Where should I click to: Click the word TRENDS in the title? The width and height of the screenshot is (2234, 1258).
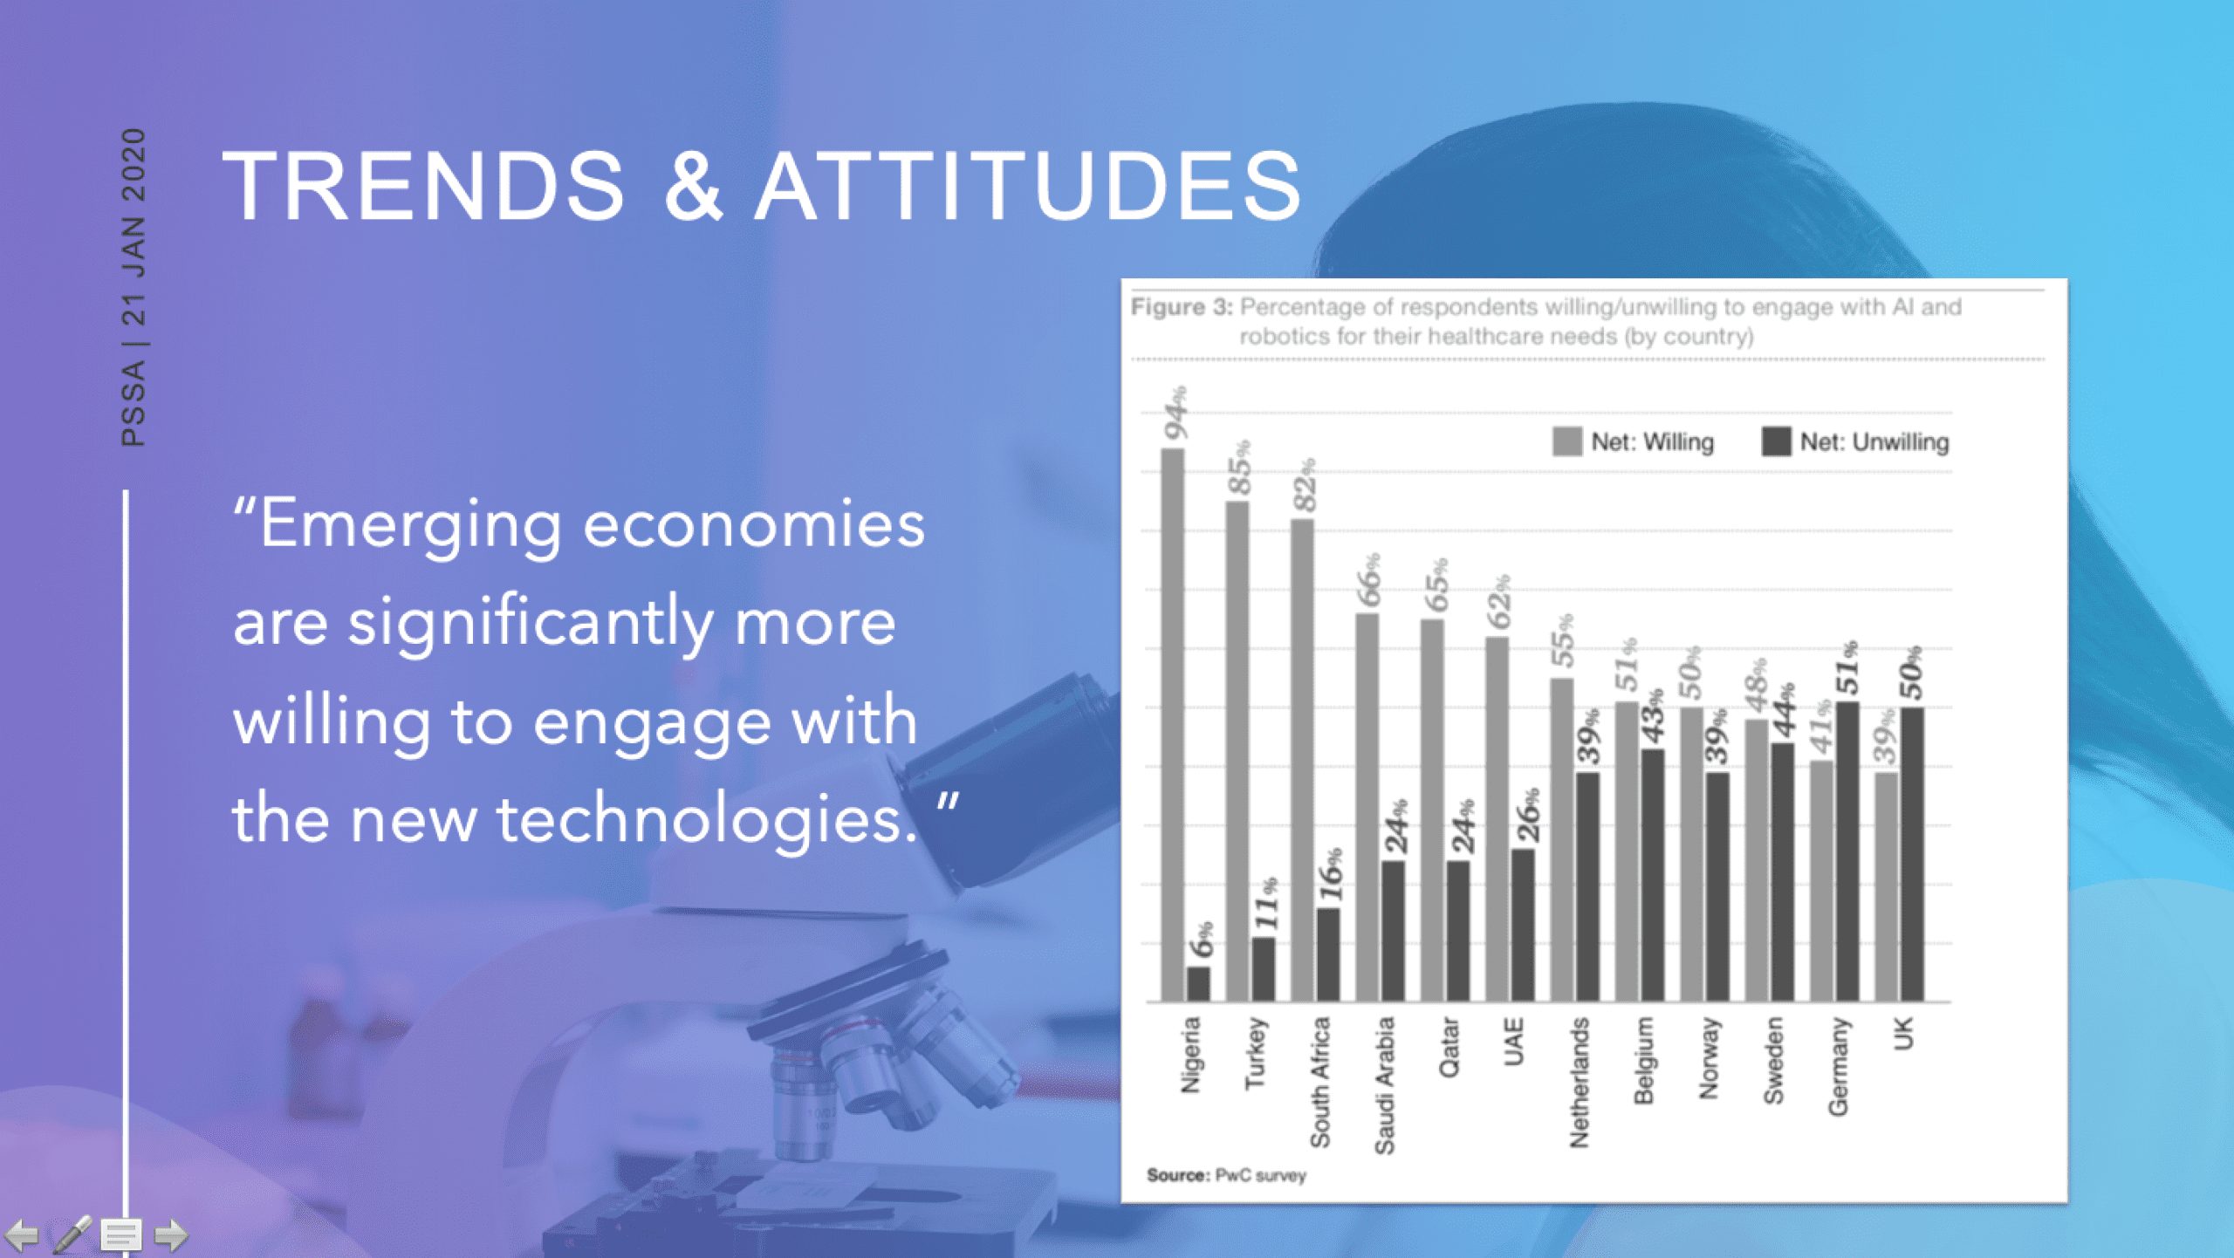tap(424, 185)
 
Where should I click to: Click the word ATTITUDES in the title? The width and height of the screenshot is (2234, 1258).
tap(1029, 185)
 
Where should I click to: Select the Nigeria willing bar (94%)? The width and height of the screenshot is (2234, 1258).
tap(1172, 725)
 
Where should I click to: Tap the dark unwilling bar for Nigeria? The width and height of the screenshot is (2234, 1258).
tap(1198, 984)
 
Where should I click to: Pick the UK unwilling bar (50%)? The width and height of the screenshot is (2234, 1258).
tap(1912, 855)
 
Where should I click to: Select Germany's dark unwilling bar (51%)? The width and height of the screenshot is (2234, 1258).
tap(1847, 851)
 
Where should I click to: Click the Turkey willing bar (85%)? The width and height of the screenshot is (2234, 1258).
tap(1237, 751)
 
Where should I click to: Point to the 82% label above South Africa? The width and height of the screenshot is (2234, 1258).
tap(1305, 485)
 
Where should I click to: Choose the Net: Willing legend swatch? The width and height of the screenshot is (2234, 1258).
tap(1567, 441)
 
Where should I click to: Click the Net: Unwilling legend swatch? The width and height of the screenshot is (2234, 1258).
tap(1776, 441)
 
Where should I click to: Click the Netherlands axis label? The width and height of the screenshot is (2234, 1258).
tap(1579, 1083)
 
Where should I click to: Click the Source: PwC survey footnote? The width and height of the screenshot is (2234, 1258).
tap(1226, 1175)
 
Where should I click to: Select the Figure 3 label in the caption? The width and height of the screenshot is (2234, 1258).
tap(1182, 307)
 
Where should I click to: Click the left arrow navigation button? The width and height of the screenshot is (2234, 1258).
tap(22, 1235)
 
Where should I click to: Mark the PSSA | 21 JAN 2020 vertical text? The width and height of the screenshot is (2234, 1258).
tap(134, 287)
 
